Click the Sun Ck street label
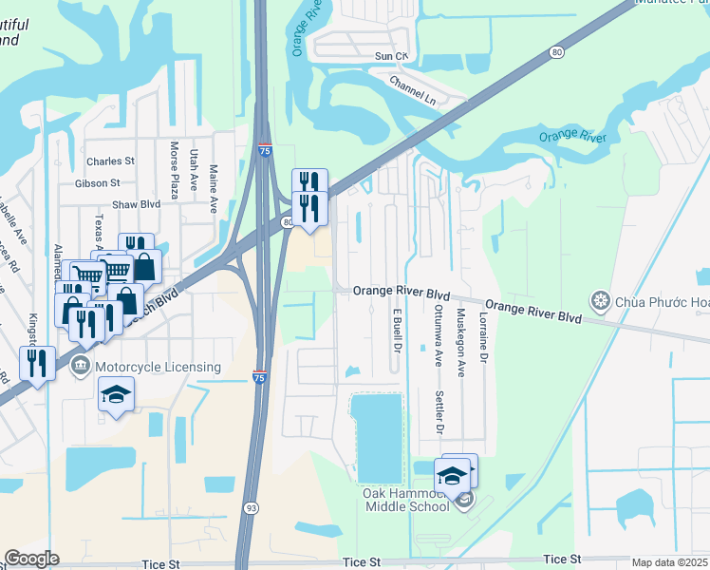(x=391, y=57)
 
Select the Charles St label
(x=111, y=161)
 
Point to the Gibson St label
(x=99, y=182)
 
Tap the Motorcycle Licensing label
(x=159, y=367)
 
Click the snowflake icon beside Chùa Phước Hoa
(x=600, y=302)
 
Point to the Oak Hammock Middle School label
(x=406, y=500)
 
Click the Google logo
(x=31, y=559)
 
